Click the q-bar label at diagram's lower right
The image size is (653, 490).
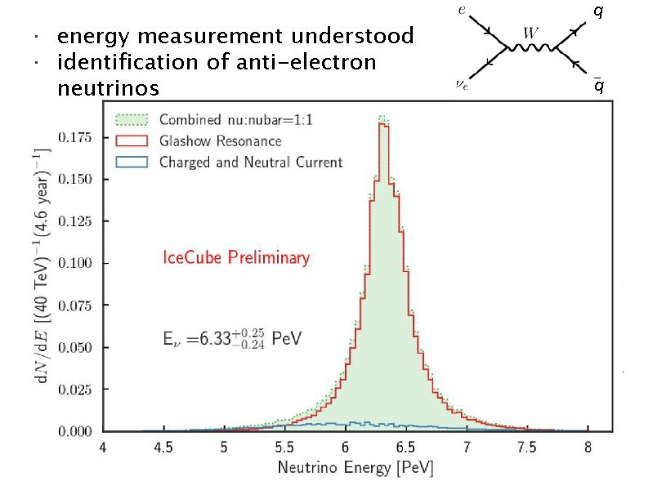pyautogui.click(x=599, y=86)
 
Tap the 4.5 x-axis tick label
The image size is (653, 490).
pyautogui.click(x=163, y=448)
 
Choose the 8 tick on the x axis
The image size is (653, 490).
pyautogui.click(x=587, y=448)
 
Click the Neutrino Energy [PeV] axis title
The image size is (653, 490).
pyautogui.click(x=344, y=469)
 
